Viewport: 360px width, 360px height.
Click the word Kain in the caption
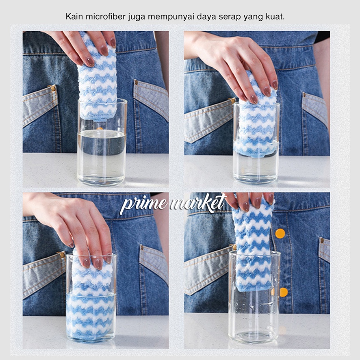tap(74, 17)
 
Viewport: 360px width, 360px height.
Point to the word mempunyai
tap(171, 17)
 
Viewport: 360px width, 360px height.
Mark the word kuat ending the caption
tap(275, 17)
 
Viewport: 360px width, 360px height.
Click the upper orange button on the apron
tap(280, 234)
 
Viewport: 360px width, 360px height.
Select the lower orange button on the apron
tap(283, 292)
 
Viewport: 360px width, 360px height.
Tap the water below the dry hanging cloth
tap(102, 156)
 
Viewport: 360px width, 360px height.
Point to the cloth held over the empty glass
tap(253, 243)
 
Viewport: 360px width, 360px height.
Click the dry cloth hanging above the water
tap(98, 78)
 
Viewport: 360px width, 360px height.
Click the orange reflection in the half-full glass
tap(100, 128)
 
